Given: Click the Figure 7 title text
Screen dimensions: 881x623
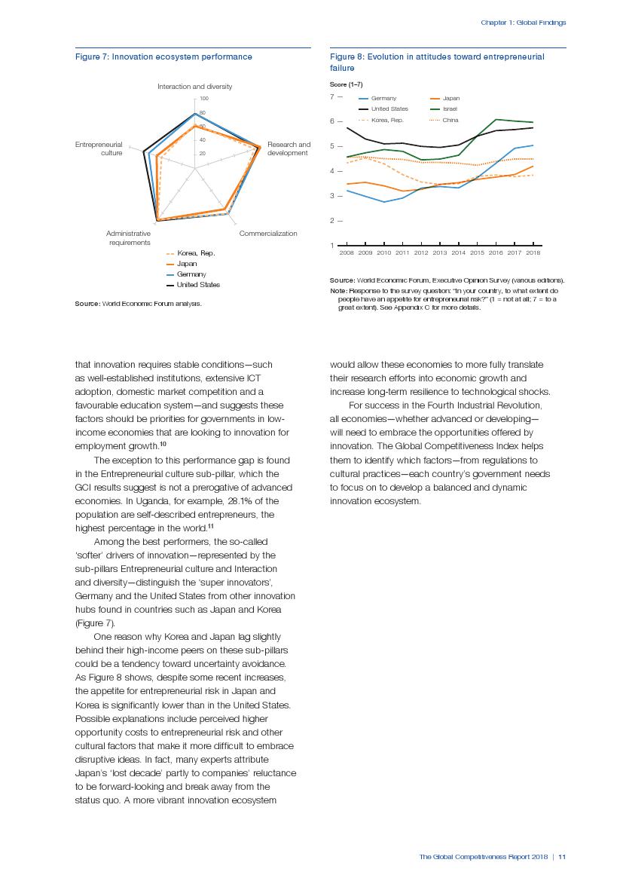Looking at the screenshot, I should pyautogui.click(x=163, y=57).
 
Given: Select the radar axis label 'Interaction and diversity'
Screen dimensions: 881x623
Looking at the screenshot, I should pyautogui.click(x=194, y=87).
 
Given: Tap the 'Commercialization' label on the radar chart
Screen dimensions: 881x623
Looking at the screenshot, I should pyautogui.click(x=268, y=234).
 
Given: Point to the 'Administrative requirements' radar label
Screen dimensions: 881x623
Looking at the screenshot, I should pyautogui.click(x=128, y=238).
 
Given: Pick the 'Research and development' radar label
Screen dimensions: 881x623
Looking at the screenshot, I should pyautogui.click(x=289, y=148).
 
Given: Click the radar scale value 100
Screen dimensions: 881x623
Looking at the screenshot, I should pyautogui.click(x=203, y=99).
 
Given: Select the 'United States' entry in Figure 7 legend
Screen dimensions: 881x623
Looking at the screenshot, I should pyautogui.click(x=198, y=285).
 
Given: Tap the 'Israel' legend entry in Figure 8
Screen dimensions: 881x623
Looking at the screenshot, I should pyautogui.click(x=450, y=109).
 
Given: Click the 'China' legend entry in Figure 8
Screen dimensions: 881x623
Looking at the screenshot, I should pyautogui.click(x=450, y=120).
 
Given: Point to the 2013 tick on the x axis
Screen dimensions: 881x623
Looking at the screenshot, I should pyautogui.click(x=440, y=252).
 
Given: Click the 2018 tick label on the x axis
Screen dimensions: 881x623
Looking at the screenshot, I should pyautogui.click(x=533, y=252).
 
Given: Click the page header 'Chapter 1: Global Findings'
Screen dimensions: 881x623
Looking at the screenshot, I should pyautogui.click(x=523, y=23).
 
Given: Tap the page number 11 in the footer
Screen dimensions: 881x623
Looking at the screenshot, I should pyautogui.click(x=562, y=856).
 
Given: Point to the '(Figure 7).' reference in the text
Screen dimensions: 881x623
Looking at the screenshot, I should pyautogui.click(x=95, y=623).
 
